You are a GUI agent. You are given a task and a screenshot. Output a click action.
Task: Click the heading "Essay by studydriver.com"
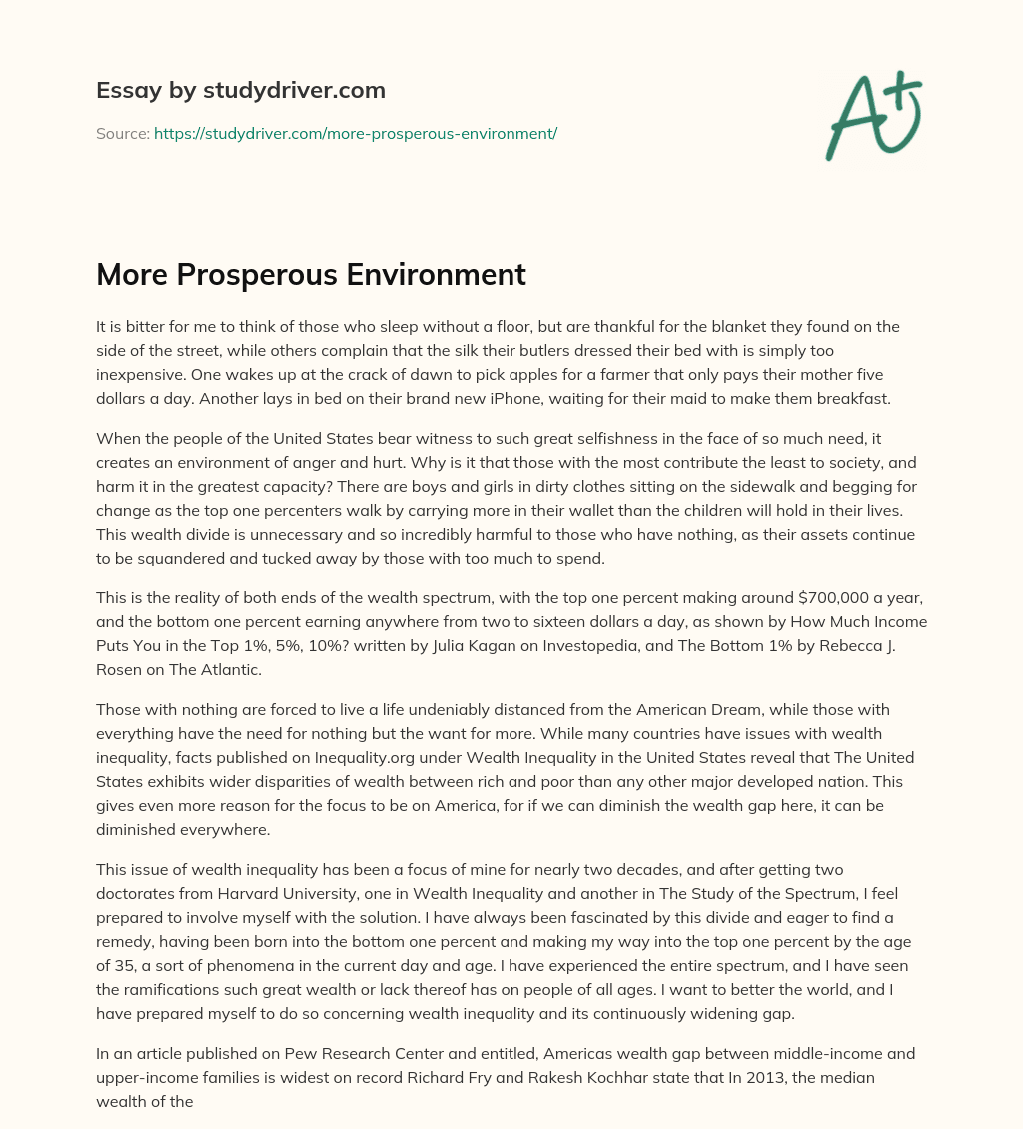[240, 91]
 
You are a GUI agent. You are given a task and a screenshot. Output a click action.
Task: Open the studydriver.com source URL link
[355, 133]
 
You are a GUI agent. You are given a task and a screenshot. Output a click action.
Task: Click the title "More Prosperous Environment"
[311, 274]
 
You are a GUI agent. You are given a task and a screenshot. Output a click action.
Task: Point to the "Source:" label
[122, 133]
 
